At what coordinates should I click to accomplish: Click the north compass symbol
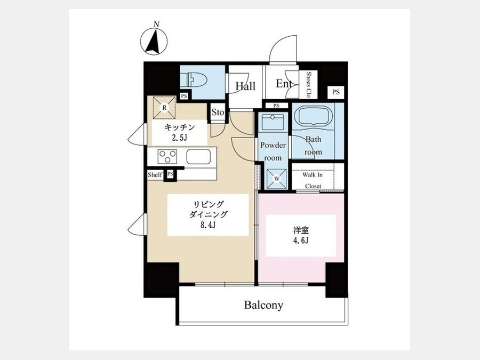[154, 41]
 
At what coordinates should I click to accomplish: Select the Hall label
[245, 86]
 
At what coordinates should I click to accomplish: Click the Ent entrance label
[283, 84]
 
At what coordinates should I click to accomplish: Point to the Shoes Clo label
[309, 84]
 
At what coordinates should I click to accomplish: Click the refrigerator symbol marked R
[164, 108]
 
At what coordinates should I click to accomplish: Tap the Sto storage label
[218, 113]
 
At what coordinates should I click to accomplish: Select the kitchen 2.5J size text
[179, 138]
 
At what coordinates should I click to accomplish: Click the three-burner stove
[167, 156]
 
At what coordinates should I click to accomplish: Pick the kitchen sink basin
[198, 156]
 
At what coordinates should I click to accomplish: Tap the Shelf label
[155, 175]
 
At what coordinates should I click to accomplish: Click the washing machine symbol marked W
[277, 178]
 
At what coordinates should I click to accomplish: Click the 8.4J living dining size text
[208, 225]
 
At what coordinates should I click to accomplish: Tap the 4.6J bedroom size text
[301, 241]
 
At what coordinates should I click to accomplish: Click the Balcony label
[263, 305]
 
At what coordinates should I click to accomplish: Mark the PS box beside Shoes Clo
[336, 92]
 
